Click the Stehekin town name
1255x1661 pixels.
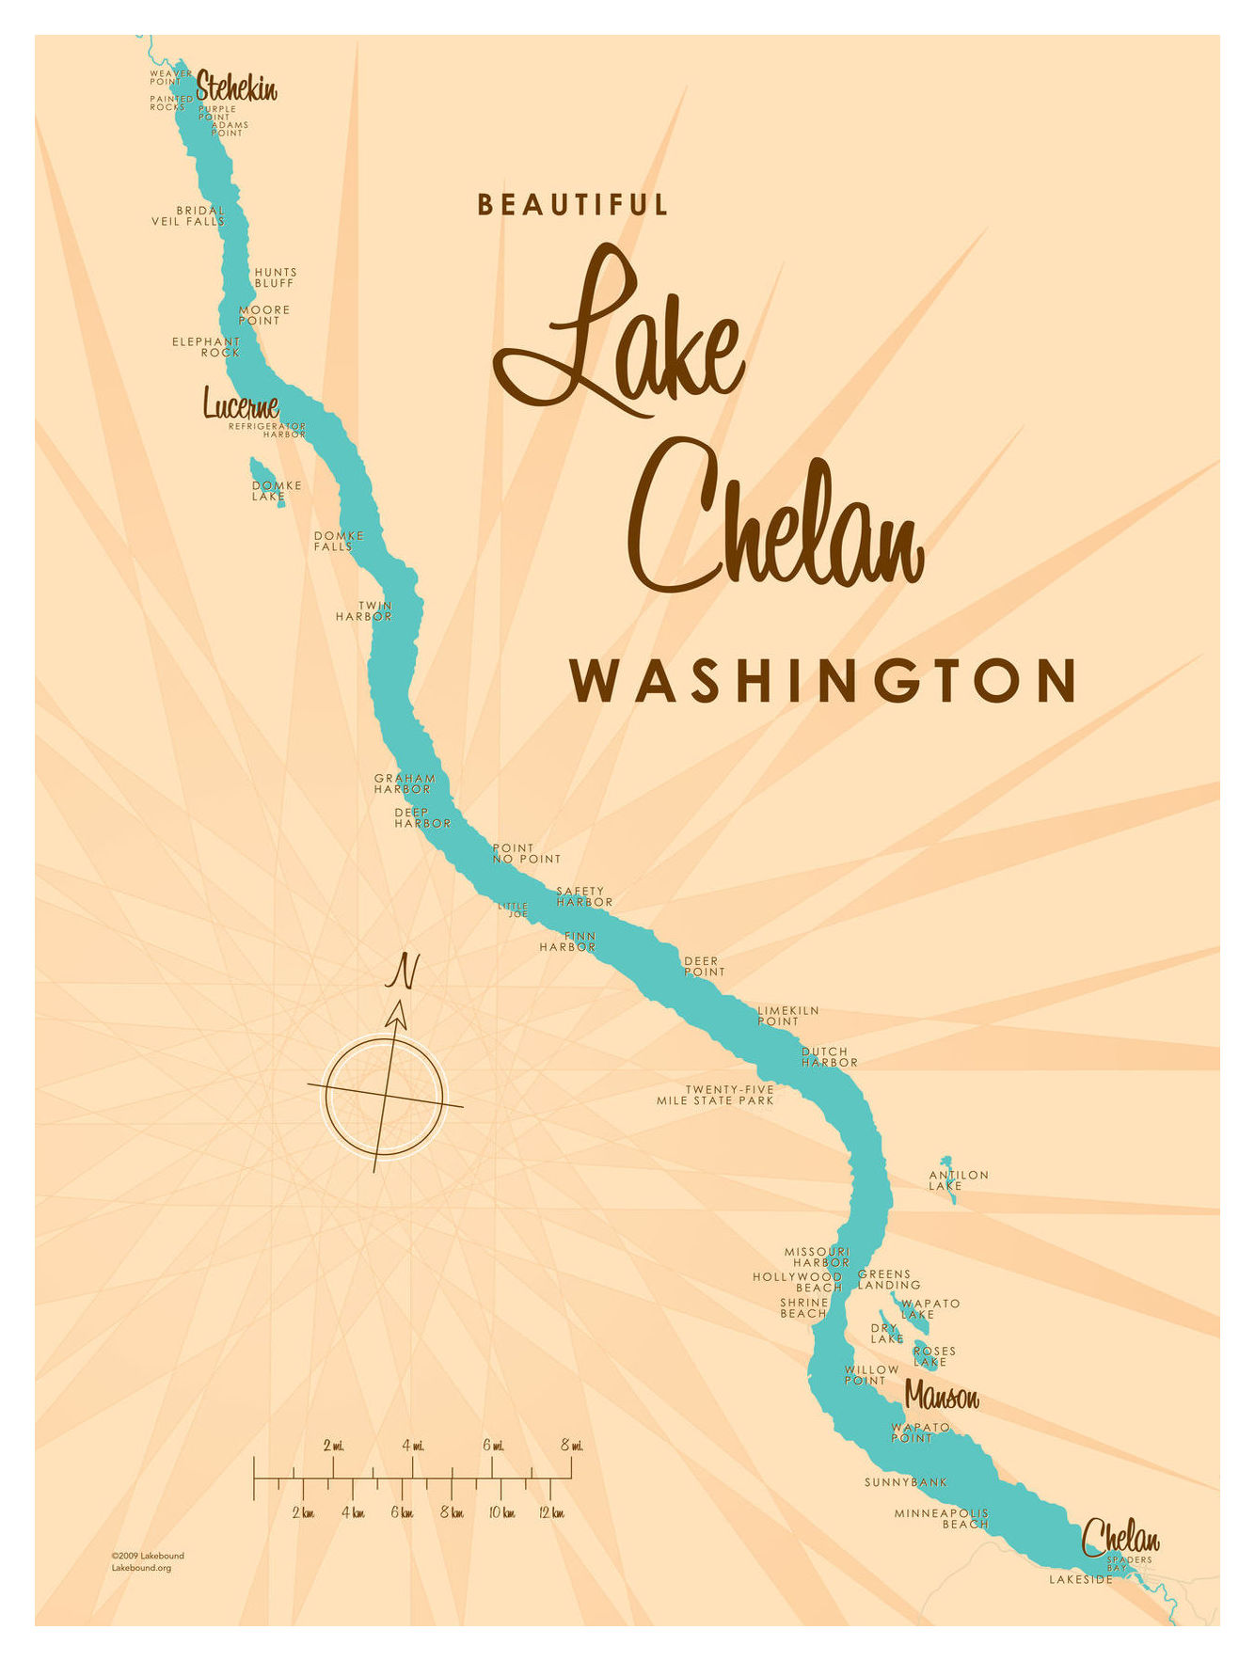coord(236,88)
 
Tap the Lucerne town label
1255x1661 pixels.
coord(241,405)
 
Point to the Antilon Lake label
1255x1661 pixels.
coord(958,1180)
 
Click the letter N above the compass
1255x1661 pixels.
coord(403,971)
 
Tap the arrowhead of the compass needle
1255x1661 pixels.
coord(398,1014)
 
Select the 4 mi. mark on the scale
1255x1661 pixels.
coord(412,1446)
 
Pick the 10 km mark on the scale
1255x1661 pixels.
coord(501,1513)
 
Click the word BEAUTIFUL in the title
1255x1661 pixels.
coord(573,205)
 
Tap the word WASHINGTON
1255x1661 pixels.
coord(823,680)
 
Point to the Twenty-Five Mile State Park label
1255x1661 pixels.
coord(716,1095)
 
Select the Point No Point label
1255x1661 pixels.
coord(526,853)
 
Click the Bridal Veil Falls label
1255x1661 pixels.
coord(189,216)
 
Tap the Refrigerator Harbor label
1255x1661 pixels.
coord(267,431)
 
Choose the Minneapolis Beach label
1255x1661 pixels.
coord(942,1518)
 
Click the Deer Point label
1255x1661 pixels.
coord(704,966)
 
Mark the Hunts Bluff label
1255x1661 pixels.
coord(275,277)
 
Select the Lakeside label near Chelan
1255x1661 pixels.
coord(1081,1579)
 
